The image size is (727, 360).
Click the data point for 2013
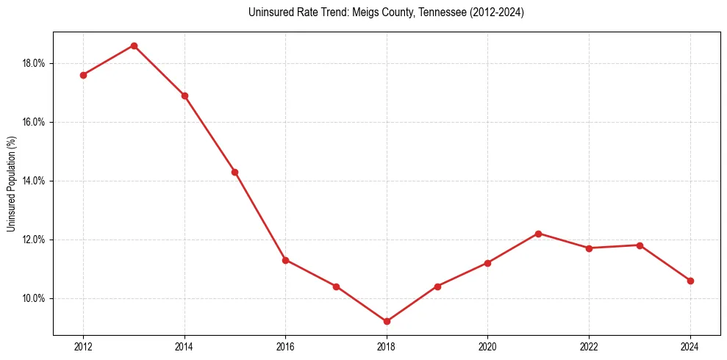pyautogui.click(x=134, y=46)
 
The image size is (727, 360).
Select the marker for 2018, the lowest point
pyautogui.click(x=387, y=321)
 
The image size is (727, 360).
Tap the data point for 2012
pyautogui.click(x=83, y=75)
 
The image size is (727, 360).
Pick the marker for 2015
pyautogui.click(x=234, y=172)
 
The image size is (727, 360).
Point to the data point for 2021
pyautogui.click(x=538, y=234)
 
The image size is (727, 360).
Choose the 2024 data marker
pyautogui.click(x=690, y=281)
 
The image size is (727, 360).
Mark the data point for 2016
pyautogui.click(x=285, y=260)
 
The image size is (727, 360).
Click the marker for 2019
pyautogui.click(x=437, y=287)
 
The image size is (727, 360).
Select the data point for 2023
pyautogui.click(x=640, y=245)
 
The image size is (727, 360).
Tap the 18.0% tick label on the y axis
pyautogui.click(x=34, y=63)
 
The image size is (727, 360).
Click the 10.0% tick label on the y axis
pyautogui.click(x=34, y=298)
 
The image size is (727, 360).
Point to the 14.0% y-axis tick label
pyautogui.click(x=34, y=181)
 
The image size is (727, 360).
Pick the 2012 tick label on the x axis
pyautogui.click(x=83, y=346)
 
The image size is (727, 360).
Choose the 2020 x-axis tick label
pyautogui.click(x=488, y=346)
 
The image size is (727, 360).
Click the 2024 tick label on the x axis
pyautogui.click(x=690, y=346)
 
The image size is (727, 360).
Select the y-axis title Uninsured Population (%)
pyautogui.click(x=12, y=184)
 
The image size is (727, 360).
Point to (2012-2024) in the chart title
pyautogui.click(x=496, y=12)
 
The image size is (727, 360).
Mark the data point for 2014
pyautogui.click(x=185, y=96)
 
